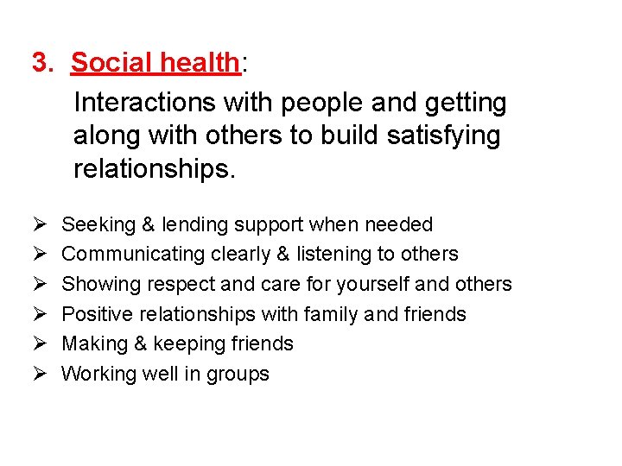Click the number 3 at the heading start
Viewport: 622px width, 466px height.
point(39,63)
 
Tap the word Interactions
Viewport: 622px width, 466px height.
point(145,103)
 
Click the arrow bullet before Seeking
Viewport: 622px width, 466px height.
point(38,225)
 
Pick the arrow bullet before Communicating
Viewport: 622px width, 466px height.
point(38,255)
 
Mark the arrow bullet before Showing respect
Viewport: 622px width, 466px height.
point(38,285)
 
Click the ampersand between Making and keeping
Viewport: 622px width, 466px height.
point(139,343)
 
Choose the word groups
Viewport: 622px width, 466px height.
point(239,375)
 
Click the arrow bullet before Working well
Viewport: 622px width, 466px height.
point(38,375)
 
